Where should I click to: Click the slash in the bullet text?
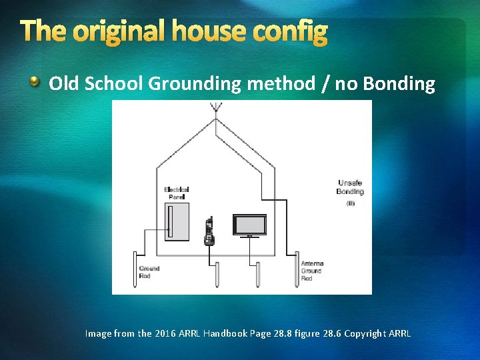point(324,84)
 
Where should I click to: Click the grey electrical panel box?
point(177,221)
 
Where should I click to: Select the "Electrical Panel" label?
point(177,193)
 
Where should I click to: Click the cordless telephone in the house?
point(209,231)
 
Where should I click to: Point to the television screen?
point(249,224)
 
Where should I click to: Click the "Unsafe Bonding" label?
point(350,187)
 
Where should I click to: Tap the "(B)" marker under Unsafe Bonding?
point(350,203)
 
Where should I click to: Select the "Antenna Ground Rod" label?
point(312,271)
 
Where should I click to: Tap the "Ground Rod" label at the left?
point(149,272)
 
